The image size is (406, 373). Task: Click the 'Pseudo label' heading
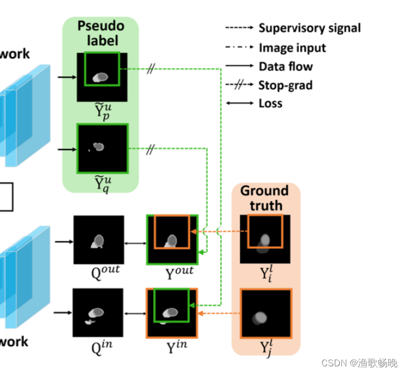[100, 33]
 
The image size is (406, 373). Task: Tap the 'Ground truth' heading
[265, 198]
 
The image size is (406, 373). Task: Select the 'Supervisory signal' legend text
[309, 28]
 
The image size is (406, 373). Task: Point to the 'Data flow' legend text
[286, 67]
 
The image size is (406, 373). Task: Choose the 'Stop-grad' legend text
[285, 85]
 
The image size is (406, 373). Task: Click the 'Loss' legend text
[270, 104]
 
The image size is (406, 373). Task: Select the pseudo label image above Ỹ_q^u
[102, 148]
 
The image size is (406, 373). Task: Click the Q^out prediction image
[96, 240]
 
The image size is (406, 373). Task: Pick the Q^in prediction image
[96, 313]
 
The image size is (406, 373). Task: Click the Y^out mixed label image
[172, 240]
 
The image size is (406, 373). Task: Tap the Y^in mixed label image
[172, 313]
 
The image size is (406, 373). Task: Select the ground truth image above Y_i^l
[265, 239]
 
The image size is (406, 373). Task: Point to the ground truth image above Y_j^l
[265, 313]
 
